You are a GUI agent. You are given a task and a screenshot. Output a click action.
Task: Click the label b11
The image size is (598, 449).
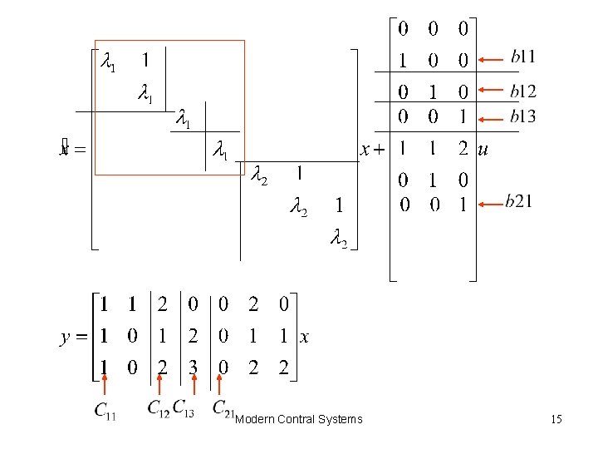point(522,57)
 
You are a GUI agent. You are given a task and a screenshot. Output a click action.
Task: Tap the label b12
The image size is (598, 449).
point(522,91)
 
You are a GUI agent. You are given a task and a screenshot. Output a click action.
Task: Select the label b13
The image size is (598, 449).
point(522,116)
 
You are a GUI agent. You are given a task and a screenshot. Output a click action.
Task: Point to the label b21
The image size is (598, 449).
point(518,201)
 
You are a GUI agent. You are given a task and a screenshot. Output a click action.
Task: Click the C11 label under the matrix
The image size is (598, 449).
point(105,409)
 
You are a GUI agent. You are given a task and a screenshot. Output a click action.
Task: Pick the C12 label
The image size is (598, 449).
point(158,407)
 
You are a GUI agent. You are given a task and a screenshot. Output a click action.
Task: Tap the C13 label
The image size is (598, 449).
point(184,408)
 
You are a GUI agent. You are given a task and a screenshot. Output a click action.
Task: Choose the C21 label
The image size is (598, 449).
point(223,408)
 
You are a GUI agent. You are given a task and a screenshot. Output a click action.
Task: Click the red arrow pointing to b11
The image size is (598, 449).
point(493,59)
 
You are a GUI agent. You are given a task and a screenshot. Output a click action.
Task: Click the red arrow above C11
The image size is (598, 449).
point(105,386)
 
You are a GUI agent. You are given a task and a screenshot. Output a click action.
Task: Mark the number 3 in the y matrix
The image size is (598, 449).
point(192,368)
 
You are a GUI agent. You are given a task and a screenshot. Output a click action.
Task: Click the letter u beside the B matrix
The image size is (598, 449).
point(483,150)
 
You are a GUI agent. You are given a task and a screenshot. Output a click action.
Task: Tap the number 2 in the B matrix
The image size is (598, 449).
point(463,150)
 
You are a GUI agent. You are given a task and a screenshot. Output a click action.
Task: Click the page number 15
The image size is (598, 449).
point(556,419)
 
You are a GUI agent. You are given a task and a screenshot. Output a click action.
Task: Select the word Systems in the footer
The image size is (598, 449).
point(341,419)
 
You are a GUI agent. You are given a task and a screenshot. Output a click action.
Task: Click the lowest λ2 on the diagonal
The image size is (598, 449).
point(338,239)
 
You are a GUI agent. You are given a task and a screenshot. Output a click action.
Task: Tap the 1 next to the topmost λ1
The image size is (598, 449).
point(145,60)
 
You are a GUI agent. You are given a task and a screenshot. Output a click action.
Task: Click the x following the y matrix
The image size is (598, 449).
point(304,338)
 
